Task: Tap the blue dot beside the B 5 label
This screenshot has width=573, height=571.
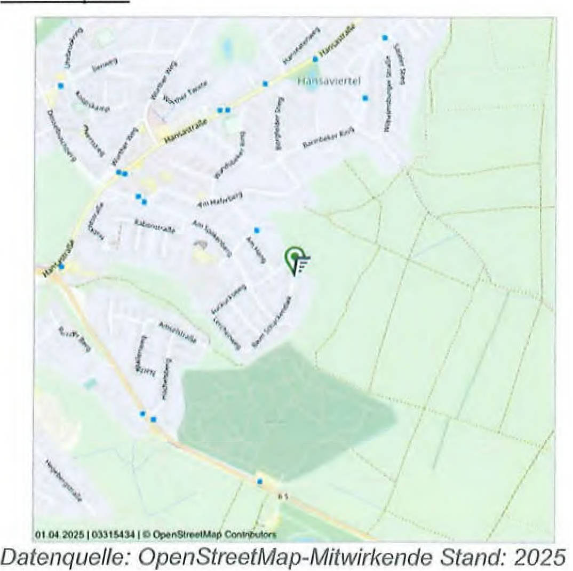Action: point(260,482)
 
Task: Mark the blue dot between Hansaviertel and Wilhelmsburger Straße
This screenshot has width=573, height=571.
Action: point(365,98)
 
